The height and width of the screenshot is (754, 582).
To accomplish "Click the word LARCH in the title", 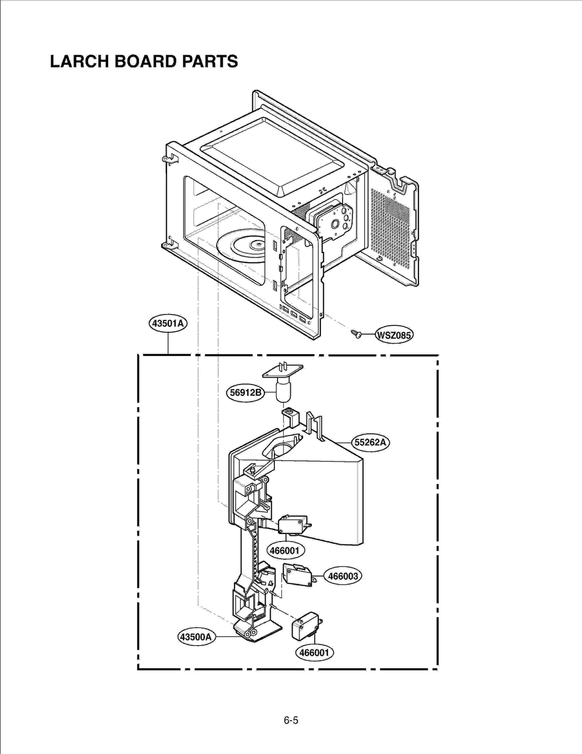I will (x=80, y=61).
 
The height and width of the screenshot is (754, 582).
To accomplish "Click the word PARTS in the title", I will (x=210, y=61).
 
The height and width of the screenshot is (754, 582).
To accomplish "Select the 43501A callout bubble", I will (x=168, y=323).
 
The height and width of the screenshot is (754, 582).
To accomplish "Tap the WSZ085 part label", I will (x=394, y=335).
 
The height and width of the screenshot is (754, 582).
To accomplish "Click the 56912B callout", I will (x=246, y=392).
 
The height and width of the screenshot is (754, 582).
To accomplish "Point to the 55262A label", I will (x=370, y=442).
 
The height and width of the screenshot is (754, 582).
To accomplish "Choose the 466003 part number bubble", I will (x=343, y=576).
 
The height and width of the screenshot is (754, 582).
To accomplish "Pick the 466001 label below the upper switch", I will (x=285, y=550).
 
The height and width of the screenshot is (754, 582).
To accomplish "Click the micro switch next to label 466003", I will (x=298, y=575).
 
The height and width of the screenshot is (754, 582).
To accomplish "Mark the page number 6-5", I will (x=291, y=720).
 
